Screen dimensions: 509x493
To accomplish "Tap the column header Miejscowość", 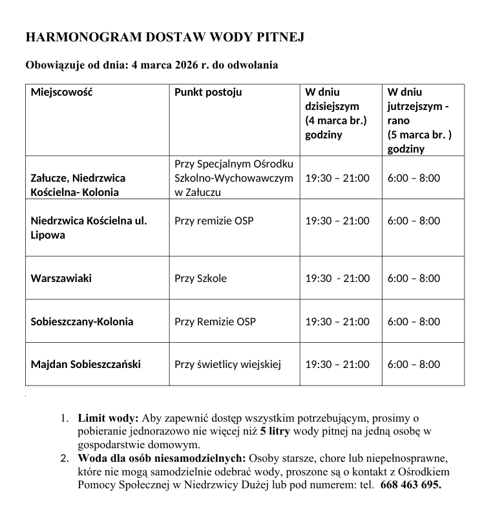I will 61,92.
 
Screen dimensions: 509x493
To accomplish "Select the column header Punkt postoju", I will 208,92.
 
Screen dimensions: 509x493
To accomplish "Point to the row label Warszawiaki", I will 61,278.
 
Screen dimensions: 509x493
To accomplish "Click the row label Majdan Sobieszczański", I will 85,364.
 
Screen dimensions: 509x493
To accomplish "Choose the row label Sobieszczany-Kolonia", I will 82,321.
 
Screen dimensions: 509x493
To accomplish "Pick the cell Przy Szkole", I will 200,278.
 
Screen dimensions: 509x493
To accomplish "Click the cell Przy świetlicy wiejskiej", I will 227,364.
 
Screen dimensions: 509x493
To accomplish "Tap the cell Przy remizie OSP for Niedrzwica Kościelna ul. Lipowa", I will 214,221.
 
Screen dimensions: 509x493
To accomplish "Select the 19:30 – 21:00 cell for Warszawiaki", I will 337,278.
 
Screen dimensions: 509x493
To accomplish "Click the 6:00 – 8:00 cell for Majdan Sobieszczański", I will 414,364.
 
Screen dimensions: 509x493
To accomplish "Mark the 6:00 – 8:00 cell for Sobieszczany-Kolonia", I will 414,321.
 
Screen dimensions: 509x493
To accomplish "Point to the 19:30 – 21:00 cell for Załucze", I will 337,178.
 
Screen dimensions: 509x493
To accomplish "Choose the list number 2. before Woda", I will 65,459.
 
